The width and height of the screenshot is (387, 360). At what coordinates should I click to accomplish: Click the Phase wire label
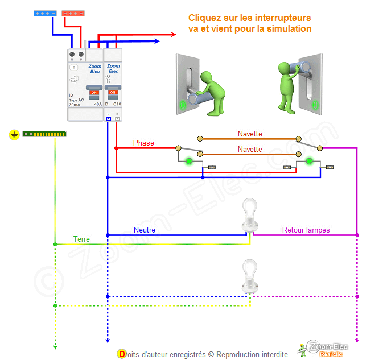[x=143, y=143]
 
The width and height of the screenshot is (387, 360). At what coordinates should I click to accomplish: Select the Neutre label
[x=145, y=230]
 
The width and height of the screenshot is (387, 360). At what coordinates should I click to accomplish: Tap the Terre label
[x=81, y=239]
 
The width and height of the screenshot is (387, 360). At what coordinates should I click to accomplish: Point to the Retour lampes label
[x=306, y=230]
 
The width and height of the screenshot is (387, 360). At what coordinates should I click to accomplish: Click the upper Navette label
[x=250, y=134]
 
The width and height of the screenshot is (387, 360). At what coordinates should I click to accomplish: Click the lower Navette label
[x=250, y=150]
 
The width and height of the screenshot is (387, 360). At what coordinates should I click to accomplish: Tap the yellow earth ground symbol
[x=14, y=135]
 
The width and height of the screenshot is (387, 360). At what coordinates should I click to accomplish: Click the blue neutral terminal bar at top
[x=44, y=12]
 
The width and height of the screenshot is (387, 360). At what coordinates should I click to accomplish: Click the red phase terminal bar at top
[x=75, y=12]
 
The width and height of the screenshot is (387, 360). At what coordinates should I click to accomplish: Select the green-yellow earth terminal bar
[x=44, y=134]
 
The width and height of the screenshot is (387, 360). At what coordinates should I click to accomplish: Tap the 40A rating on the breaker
[x=98, y=105]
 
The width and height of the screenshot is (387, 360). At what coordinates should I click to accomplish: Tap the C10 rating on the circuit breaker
[x=117, y=105]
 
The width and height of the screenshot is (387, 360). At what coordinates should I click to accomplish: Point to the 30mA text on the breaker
[x=75, y=105]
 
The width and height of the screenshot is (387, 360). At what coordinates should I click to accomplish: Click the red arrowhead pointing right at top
[x=172, y=35]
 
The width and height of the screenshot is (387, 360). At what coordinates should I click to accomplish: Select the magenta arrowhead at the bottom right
[x=357, y=341]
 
